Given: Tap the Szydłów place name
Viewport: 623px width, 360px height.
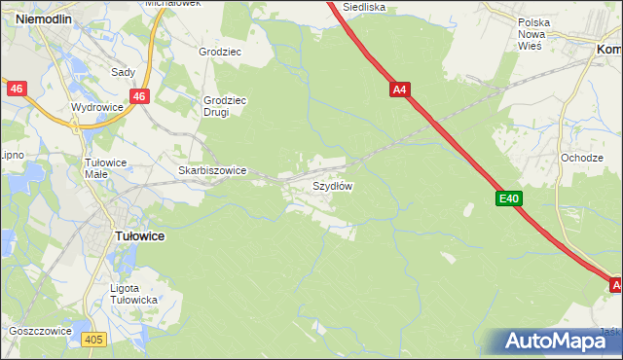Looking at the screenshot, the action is coord(332,185).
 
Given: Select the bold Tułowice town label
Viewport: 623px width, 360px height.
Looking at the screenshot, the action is coord(139,235).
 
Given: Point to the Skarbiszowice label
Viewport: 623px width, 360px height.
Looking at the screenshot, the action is coord(212,170).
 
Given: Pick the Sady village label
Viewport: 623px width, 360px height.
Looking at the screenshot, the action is coord(123,72).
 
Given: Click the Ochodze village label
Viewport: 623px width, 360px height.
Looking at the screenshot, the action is coord(581,158).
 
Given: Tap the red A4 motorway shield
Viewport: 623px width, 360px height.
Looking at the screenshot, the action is coord(400,90).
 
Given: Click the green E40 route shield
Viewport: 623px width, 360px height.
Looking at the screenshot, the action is coord(509,198).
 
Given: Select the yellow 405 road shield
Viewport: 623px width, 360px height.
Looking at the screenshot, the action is coord(93,339).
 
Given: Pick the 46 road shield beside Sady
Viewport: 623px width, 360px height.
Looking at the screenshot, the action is coord(140,96).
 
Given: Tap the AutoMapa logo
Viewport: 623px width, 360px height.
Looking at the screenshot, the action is coord(559,342).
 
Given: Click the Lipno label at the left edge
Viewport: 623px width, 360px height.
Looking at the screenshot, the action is coord(12,155).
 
